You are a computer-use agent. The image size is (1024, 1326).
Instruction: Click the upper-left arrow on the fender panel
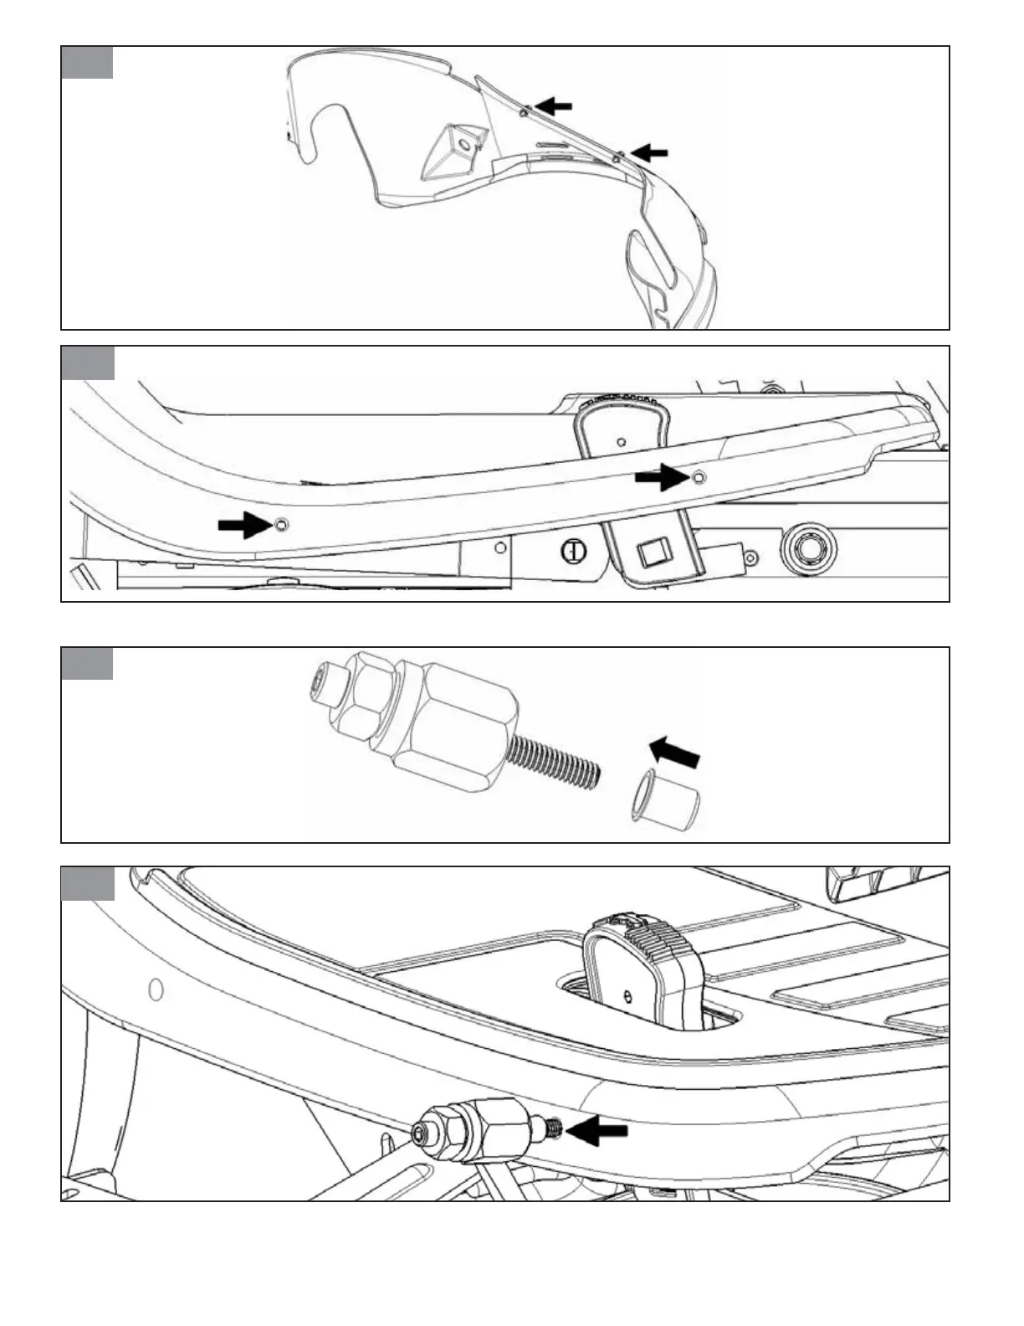pos(554,106)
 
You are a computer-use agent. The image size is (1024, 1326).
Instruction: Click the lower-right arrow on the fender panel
pos(650,152)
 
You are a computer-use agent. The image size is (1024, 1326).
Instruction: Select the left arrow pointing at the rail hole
pos(243,526)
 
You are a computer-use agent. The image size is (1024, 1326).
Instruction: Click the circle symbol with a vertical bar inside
pos(572,551)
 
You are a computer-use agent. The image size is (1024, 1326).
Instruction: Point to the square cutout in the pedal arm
pos(650,553)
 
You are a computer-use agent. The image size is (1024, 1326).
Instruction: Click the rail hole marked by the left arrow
pos(280,525)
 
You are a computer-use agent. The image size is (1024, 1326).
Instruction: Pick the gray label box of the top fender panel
pos(87,62)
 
